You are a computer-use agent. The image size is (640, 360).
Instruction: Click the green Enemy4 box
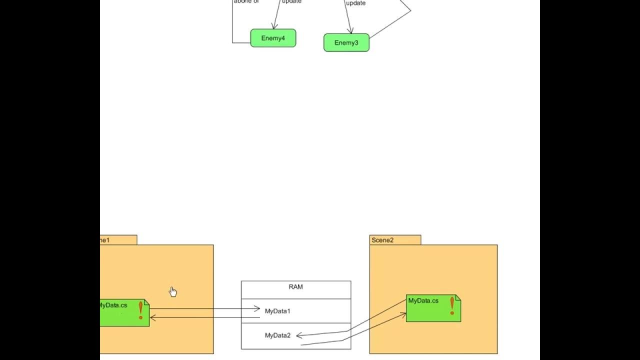pos(273,38)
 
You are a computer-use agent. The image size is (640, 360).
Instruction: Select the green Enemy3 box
pos(346,42)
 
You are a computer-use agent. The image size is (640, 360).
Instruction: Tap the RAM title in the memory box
pos(295,287)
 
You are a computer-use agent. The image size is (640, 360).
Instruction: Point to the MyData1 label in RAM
pos(277,311)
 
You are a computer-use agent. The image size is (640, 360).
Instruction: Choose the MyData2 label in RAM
pos(277,335)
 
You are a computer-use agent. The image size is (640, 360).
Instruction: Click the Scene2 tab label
pos(382,240)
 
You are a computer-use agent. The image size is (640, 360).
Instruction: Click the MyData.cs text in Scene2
pos(423,300)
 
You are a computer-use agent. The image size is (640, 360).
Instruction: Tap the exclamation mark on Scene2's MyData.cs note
pos(452,305)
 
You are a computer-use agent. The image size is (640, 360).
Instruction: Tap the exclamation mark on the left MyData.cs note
pos(140,310)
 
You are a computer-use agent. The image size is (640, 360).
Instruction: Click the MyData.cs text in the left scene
pos(113,305)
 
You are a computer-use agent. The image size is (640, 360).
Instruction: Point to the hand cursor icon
pos(172,291)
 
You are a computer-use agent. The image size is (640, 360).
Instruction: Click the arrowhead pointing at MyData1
pos(257,309)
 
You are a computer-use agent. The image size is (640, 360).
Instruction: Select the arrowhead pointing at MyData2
pos(299,336)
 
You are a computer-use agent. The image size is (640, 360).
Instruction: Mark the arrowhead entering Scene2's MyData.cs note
pos(403,314)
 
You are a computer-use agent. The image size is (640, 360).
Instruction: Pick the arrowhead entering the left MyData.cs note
pos(152,317)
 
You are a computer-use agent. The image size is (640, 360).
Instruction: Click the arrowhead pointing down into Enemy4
pos(274,26)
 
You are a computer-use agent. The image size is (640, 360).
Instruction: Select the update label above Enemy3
pos(355,3)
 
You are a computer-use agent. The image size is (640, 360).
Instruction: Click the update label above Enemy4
pos(291,1)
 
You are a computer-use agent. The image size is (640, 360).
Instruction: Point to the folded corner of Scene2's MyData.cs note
pos(458,297)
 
